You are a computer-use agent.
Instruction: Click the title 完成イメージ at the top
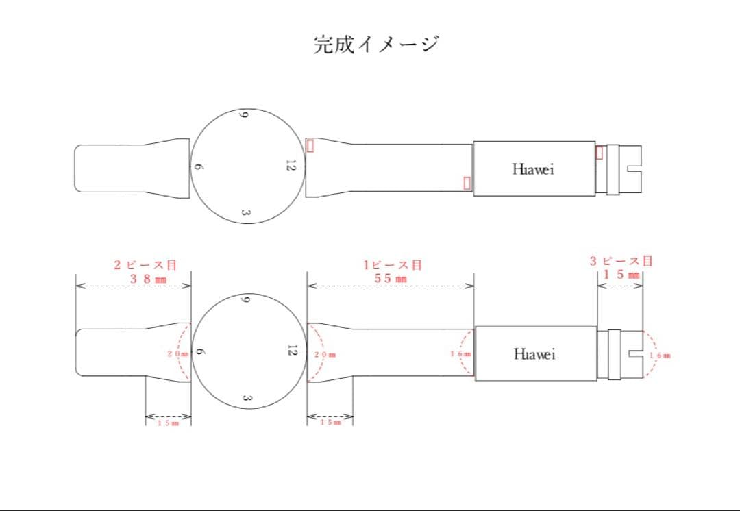tap(376, 45)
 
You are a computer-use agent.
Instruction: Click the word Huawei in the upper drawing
tap(532, 169)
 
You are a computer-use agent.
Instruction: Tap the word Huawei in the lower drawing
tap(534, 354)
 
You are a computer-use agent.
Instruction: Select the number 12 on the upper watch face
tap(291, 166)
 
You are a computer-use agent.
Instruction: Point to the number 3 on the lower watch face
tap(247, 399)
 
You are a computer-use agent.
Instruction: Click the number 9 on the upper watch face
tap(242, 114)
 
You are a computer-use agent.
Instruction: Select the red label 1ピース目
tap(392, 264)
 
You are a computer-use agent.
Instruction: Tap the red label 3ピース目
tap(621, 261)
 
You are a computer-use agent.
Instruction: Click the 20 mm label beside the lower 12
tap(325, 355)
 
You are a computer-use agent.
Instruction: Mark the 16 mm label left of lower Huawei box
tap(460, 353)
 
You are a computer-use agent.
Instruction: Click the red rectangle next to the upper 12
tap(310, 145)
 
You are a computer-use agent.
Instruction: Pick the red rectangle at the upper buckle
tap(600, 152)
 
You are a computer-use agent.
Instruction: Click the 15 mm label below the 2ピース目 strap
tap(168, 423)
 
